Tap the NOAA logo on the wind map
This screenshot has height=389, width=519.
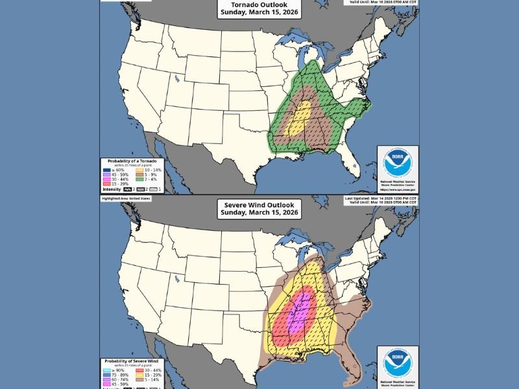pos(397,364)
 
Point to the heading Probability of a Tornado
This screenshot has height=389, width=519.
pos(129,160)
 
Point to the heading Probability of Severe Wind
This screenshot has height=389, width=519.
pos(130,360)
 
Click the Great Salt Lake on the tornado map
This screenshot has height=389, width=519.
pos(176,80)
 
